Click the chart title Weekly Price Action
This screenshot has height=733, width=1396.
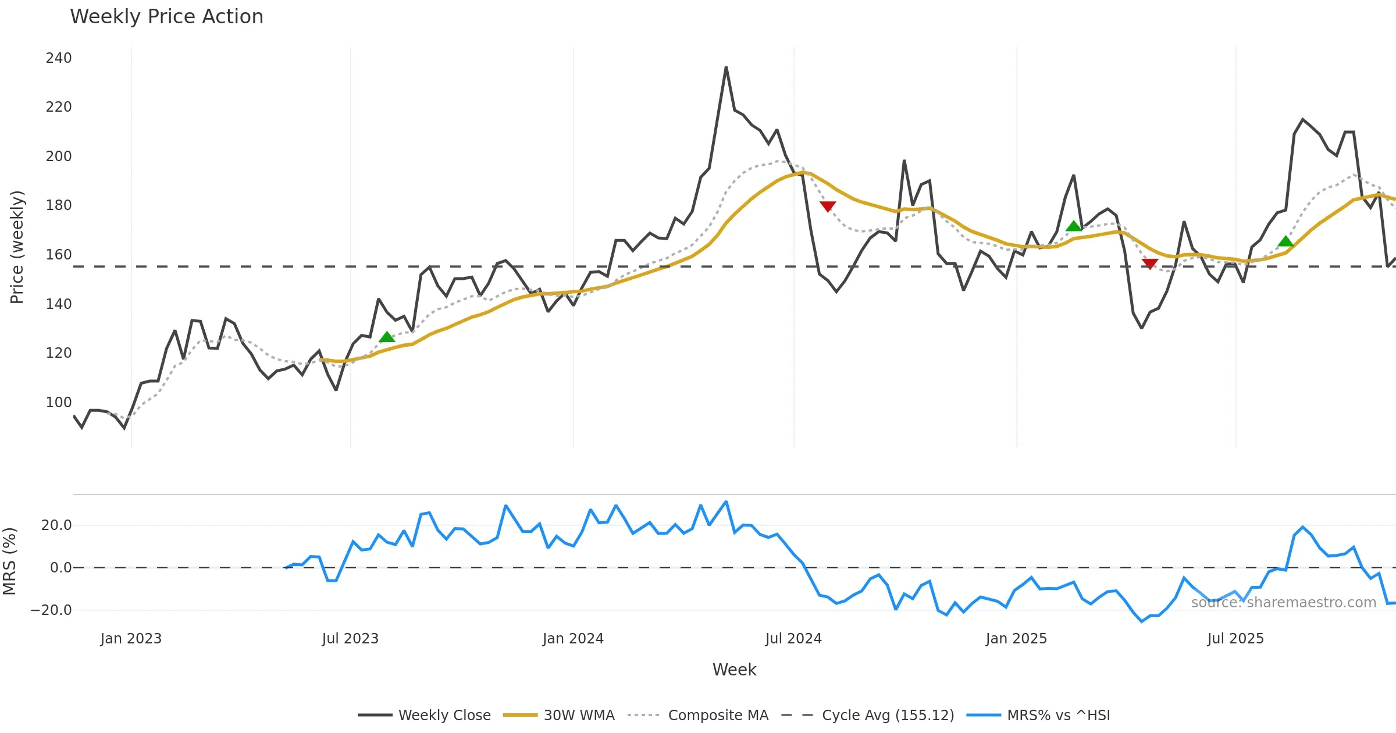[166, 17]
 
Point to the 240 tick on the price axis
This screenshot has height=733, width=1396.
[59, 58]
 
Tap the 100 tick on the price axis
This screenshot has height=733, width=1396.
[59, 403]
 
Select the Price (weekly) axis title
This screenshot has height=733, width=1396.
[17, 247]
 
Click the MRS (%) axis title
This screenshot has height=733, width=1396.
[9, 561]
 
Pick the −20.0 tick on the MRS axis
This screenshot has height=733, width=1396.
[51, 610]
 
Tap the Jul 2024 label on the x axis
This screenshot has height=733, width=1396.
[793, 639]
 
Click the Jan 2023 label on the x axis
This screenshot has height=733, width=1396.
[131, 639]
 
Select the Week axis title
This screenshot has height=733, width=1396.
[734, 670]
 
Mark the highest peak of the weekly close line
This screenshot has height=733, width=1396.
[726, 67]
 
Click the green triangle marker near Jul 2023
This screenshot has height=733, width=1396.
[387, 337]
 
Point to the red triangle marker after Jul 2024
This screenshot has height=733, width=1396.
[828, 206]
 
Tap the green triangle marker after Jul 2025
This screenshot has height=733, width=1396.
[1285, 241]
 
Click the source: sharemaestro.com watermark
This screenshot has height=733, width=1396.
[1283, 603]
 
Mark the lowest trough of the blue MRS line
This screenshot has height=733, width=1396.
[1141, 621]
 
